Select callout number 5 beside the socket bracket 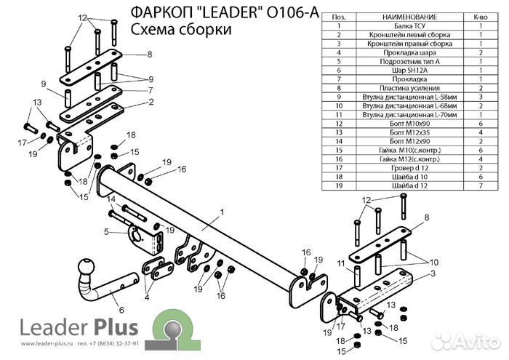coord(106,232)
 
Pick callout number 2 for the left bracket coord(151,102)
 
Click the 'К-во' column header coord(481,17)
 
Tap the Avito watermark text coord(476,340)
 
